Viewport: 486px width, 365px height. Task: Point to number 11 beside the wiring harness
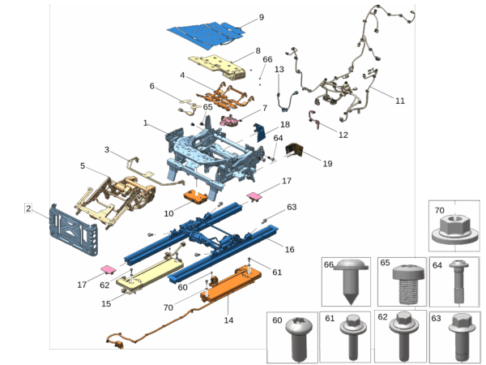399,101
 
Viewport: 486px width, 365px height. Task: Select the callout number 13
278,70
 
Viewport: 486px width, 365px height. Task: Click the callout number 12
343,134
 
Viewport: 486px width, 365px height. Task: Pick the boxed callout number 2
28,208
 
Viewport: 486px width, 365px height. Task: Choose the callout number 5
83,165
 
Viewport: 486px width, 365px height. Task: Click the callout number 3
107,149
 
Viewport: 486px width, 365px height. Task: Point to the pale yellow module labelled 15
148,278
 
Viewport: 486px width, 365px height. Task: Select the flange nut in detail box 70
452,226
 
